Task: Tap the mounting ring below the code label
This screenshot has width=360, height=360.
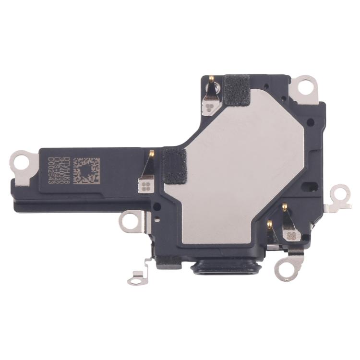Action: (x=130, y=222)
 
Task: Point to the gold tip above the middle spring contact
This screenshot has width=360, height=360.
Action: (x=152, y=154)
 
